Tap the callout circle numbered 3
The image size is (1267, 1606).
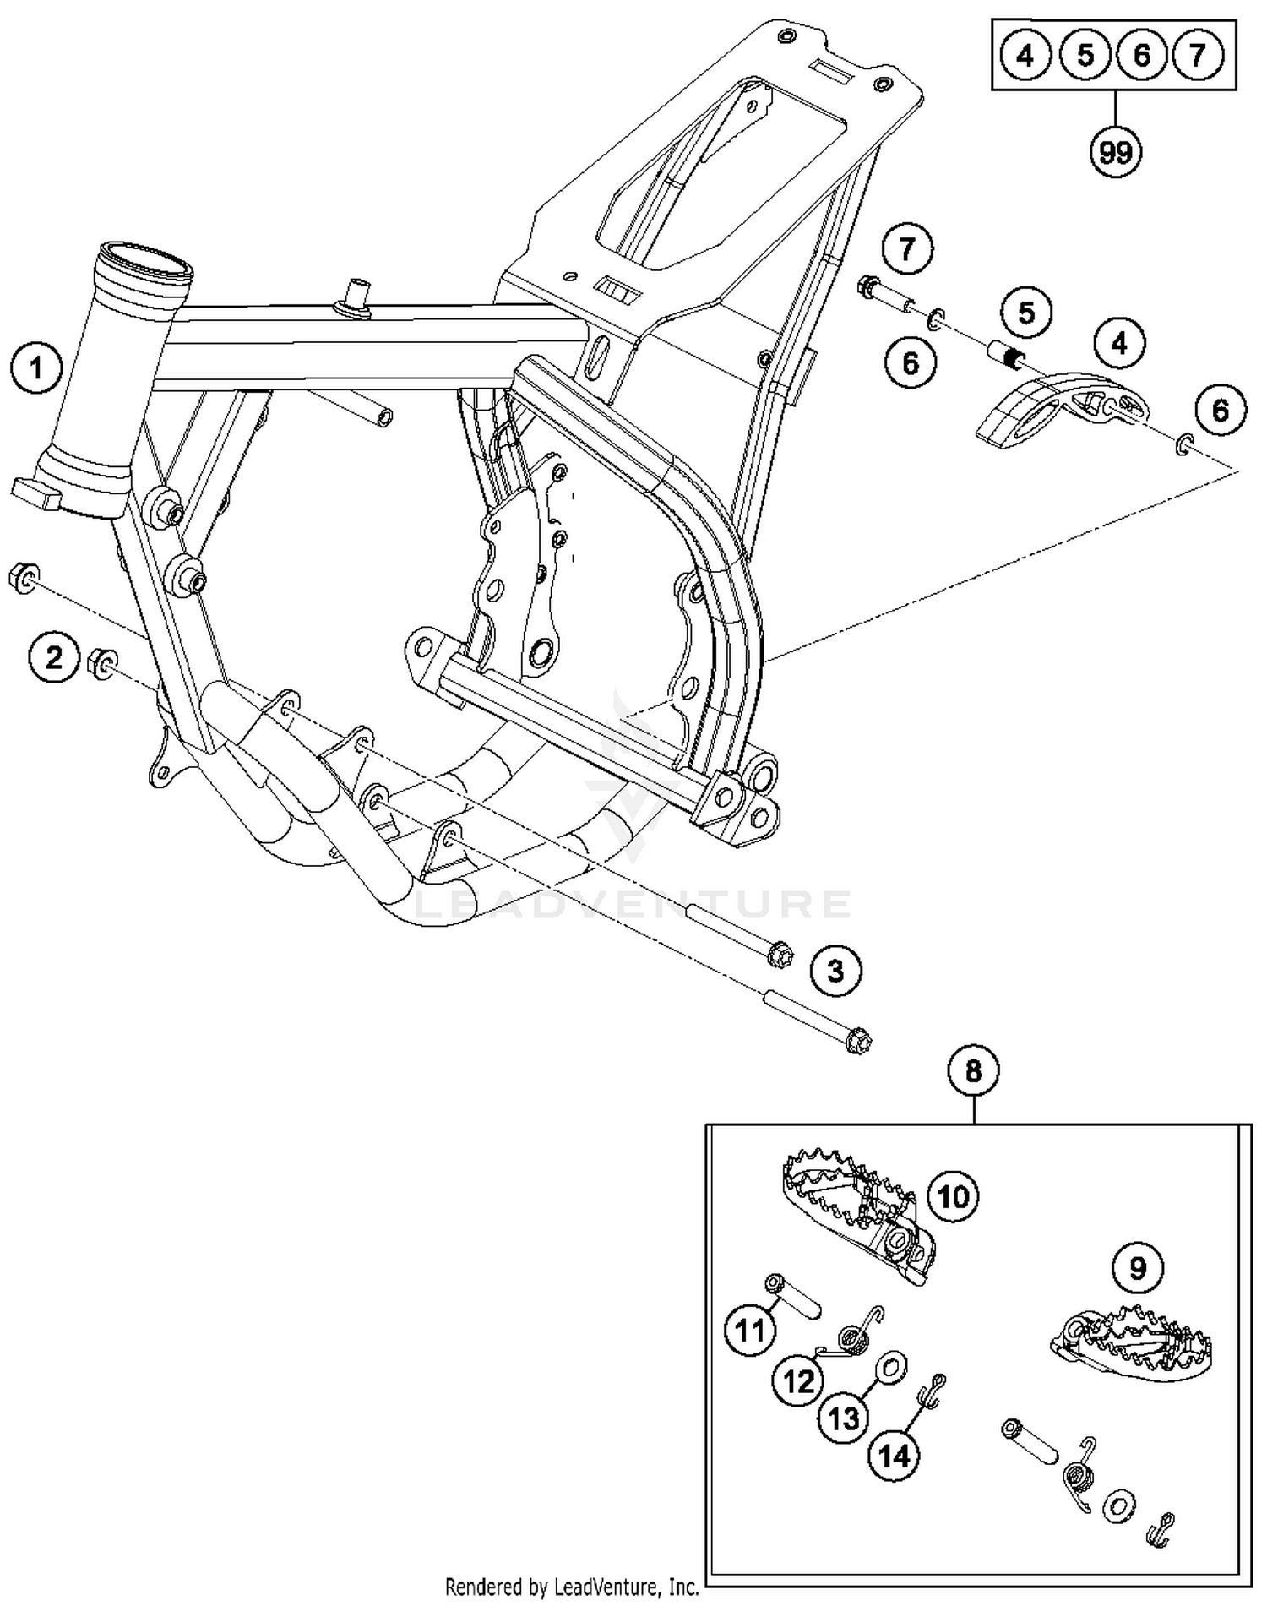click(x=835, y=971)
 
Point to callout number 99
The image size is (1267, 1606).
click(x=1115, y=152)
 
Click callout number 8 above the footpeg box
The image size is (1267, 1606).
click(x=973, y=1071)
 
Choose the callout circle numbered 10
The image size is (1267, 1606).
click(x=954, y=1197)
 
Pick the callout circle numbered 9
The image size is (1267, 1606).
click(x=1137, y=1268)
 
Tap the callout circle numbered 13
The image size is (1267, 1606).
click(x=845, y=1418)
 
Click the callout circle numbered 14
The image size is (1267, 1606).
click(x=895, y=1456)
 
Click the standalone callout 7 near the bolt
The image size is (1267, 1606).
click(x=907, y=249)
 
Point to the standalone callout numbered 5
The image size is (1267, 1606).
click(x=1026, y=313)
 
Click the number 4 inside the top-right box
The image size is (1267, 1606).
click(x=1025, y=56)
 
